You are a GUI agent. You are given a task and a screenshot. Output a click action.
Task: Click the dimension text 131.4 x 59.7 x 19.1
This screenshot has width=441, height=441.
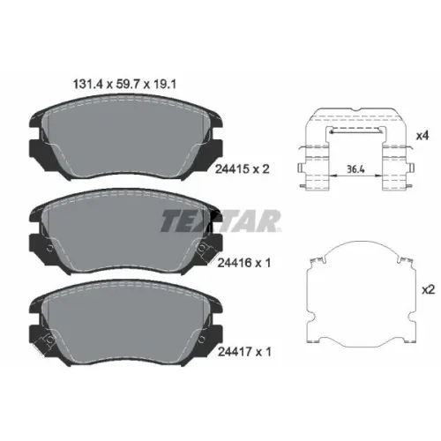point(124,85)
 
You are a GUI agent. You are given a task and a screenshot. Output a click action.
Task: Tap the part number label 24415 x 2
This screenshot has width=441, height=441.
point(243,169)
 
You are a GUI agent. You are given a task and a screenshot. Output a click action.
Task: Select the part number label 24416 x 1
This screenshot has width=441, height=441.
point(244,263)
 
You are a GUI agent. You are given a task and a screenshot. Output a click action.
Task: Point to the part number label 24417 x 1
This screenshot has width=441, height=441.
point(244,352)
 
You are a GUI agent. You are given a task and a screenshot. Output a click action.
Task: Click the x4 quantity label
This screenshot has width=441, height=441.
point(422,136)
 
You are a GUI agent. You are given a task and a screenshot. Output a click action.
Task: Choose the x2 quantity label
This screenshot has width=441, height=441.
point(428,290)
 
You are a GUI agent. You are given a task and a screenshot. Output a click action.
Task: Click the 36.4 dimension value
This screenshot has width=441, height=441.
point(355,169)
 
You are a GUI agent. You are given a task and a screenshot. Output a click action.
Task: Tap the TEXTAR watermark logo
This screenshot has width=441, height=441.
point(220,221)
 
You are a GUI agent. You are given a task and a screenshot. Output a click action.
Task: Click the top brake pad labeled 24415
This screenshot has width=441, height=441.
point(126,137)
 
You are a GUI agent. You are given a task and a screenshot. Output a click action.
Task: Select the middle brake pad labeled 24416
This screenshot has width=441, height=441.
point(126,231)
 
